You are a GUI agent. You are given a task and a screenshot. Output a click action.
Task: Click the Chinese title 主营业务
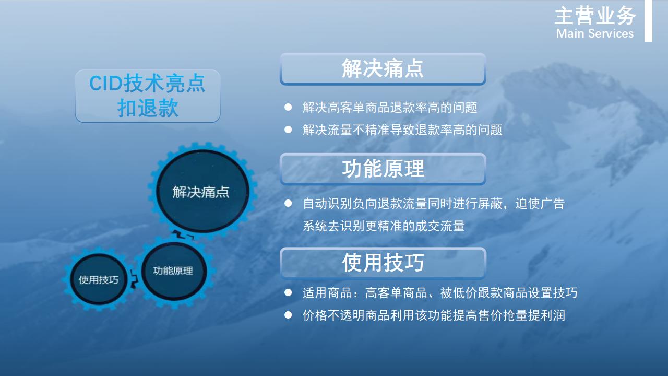coord(595,16)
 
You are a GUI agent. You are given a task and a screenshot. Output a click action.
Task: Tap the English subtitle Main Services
coord(595,33)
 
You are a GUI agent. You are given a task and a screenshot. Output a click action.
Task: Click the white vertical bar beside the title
coord(648,20)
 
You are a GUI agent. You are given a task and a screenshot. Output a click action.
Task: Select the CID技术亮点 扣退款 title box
coord(148,96)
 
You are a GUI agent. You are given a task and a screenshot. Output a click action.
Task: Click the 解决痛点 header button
coord(383,68)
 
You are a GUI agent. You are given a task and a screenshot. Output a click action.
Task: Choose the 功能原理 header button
coord(383,169)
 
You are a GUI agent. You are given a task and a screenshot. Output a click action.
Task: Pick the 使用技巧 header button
coord(383,263)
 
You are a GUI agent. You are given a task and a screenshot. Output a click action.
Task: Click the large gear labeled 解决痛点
coord(202,191)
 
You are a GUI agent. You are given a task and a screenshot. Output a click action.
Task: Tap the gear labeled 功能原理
coord(174,271)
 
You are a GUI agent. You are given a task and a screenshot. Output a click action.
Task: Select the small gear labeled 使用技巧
coord(99,279)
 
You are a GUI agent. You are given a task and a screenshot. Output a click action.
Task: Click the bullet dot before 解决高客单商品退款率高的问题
coord(288,107)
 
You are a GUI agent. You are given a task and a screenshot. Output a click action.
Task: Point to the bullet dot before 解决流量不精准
coord(288,130)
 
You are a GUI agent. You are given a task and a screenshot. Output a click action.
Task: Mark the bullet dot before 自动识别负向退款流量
coord(288,203)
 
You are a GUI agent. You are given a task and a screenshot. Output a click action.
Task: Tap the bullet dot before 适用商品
coord(288,292)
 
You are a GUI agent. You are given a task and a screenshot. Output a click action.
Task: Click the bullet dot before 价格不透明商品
coord(288,315)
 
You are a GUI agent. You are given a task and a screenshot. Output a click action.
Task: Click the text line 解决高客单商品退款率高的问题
coord(390,108)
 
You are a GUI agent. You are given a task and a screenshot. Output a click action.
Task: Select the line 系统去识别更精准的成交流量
coord(384,226)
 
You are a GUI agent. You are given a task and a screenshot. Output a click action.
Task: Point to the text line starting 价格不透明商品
coord(434,315)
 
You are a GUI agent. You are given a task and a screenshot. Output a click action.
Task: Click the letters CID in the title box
coord(106,83)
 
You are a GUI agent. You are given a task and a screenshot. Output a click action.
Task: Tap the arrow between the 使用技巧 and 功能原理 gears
coord(134,279)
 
